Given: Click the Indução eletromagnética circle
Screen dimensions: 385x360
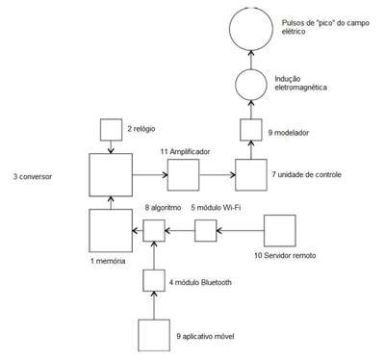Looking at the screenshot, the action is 236,85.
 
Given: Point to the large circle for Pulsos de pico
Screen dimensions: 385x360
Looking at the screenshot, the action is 229,28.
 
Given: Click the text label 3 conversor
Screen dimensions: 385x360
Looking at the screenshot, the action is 33,176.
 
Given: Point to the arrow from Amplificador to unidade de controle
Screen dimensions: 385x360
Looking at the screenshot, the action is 218,175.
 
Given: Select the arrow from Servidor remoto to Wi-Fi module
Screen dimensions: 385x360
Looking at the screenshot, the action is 240,230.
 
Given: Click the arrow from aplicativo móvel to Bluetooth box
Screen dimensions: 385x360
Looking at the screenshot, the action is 154,305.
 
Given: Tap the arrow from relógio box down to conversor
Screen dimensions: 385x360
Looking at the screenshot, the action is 111,147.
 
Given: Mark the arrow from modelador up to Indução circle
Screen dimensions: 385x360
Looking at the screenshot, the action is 251,110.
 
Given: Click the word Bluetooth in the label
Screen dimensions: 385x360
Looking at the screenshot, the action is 216,282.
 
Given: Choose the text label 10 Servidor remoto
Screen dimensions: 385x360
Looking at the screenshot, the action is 285,255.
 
